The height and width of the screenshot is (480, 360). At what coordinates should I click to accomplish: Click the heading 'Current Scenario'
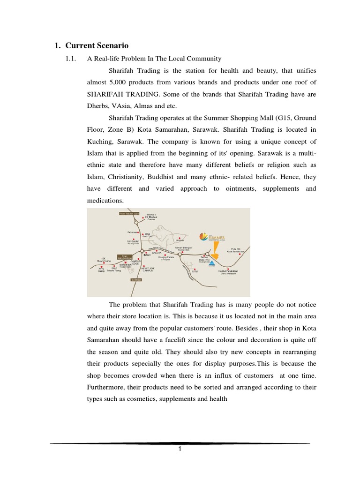pyautogui.click(x=97, y=46)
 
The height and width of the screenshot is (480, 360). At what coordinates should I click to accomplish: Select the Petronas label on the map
pyautogui.click(x=131, y=232)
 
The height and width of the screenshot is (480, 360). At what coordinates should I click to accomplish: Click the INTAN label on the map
pyautogui.click(x=147, y=255)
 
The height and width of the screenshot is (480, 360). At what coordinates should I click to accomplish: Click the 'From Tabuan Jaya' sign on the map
pyautogui.click(x=129, y=213)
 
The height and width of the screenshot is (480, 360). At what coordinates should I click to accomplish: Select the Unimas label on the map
pyautogui.click(x=180, y=240)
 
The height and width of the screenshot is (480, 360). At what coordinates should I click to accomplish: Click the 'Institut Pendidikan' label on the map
pyautogui.click(x=228, y=271)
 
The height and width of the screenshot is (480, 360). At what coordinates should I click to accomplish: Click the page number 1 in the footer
pyautogui.click(x=180, y=449)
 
